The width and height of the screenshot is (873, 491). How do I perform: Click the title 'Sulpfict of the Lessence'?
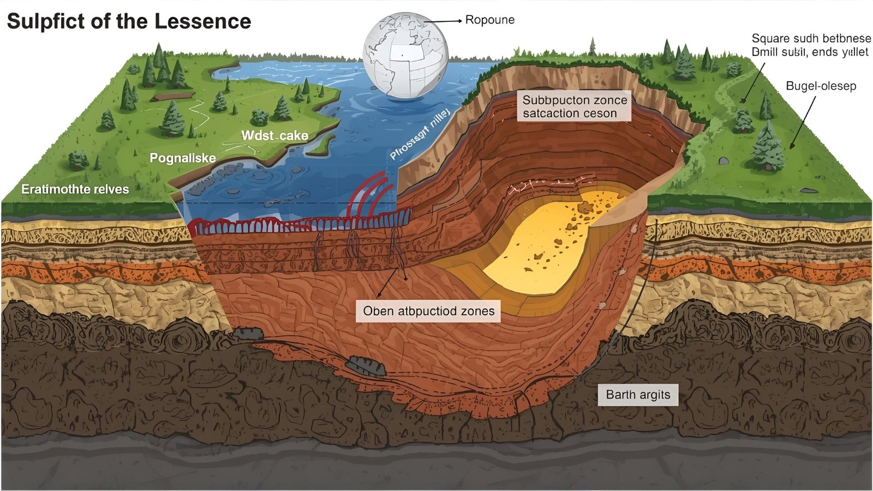tap(129, 21)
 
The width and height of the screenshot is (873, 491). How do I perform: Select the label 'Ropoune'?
tap(489, 20)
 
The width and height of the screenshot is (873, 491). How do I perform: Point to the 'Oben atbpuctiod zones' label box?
tap(428, 311)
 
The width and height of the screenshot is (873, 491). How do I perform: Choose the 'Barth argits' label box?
tap(638, 394)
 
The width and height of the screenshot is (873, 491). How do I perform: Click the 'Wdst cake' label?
tap(274, 135)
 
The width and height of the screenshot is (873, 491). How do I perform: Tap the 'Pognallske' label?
tap(183, 158)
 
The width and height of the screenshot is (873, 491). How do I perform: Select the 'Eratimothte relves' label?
tap(75, 189)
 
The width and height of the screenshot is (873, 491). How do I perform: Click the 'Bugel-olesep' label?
tap(821, 86)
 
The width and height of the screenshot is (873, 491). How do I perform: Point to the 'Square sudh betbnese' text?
tap(811, 39)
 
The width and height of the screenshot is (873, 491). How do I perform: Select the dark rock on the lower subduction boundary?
tap(367, 366)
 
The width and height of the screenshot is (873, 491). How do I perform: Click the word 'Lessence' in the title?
tap(202, 21)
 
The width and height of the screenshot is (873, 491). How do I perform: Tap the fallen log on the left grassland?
tap(172, 97)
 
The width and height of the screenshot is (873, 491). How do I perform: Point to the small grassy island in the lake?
tap(323, 143)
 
